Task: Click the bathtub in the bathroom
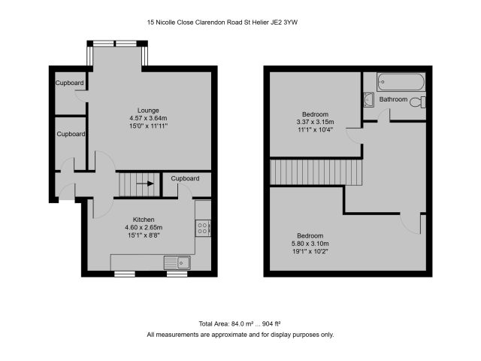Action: (401, 82)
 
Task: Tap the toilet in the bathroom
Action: (418, 102)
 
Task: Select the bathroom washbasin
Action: (368, 100)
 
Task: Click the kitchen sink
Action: (177, 262)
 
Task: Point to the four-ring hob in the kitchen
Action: (203, 229)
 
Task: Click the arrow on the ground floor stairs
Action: (145, 184)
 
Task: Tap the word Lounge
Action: (148, 111)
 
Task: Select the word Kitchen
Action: (144, 220)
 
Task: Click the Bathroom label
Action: (393, 99)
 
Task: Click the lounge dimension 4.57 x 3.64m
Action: (148, 118)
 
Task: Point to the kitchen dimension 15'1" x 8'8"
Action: (144, 235)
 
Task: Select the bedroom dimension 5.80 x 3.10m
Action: (310, 244)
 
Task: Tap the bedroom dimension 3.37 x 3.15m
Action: (315, 122)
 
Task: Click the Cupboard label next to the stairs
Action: (185, 178)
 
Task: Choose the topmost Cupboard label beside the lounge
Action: (69, 83)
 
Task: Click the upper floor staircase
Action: (316, 172)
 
